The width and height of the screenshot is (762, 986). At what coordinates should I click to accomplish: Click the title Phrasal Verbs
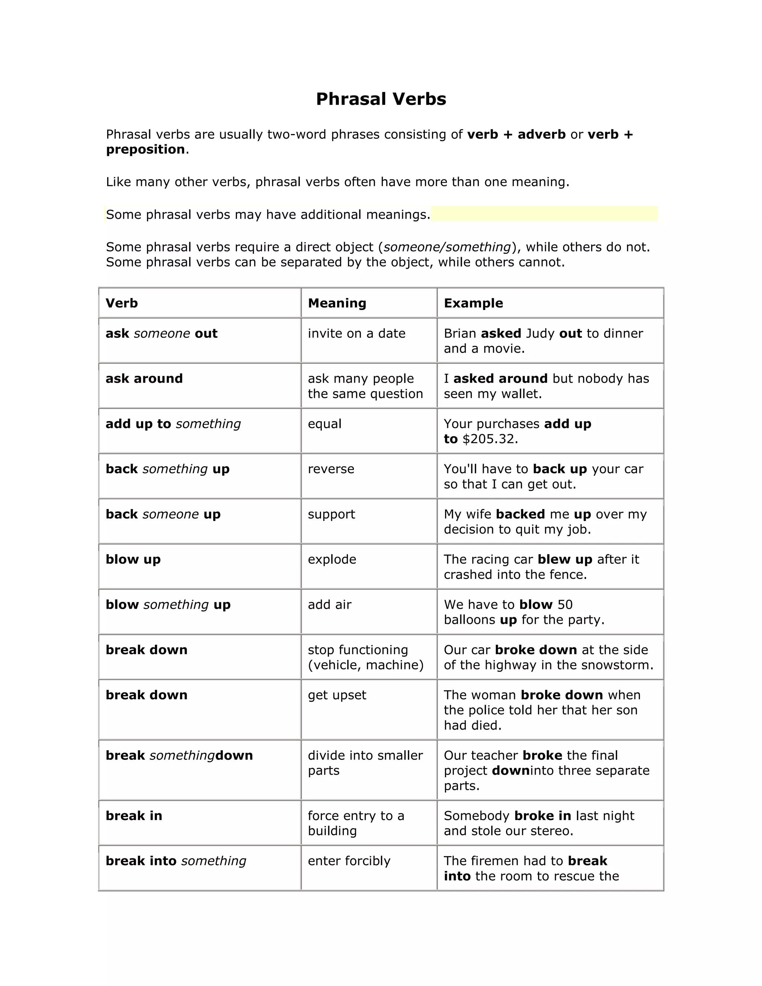pos(381,99)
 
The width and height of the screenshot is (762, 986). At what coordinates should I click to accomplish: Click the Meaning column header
pos(337,303)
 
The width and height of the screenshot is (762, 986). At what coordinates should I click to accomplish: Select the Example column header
pos(473,303)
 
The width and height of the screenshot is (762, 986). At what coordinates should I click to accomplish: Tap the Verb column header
pos(121,303)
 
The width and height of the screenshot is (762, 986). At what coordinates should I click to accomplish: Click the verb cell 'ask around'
pos(144,378)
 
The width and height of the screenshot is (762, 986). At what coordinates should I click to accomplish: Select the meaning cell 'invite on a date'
pos(356,333)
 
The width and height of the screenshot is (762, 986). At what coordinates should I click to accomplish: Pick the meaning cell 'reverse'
pos(331,468)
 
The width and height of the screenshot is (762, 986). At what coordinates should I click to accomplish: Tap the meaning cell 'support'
pos(332,514)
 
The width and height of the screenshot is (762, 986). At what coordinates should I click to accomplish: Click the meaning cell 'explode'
pos(332,559)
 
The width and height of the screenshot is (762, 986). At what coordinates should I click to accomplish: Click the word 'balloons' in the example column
pos(470,620)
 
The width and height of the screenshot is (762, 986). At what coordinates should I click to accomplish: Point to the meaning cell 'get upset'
pos(337,695)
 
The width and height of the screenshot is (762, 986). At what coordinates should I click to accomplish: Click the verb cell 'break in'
pos(134,815)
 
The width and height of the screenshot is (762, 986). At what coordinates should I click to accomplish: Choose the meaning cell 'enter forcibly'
pos(349,861)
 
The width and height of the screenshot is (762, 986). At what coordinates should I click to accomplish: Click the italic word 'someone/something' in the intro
pos(447,247)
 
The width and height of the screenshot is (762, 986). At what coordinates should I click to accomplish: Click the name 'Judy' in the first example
pos(540,333)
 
